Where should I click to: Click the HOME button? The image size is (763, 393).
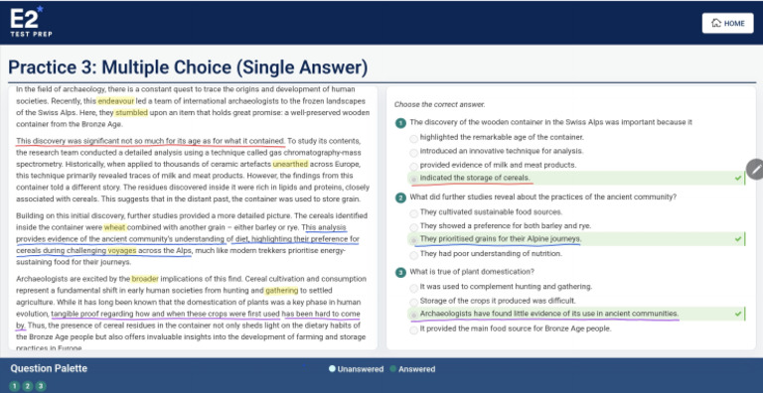pyautogui.click(x=726, y=23)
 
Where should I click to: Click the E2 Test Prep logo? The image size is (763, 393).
pyautogui.click(x=28, y=20)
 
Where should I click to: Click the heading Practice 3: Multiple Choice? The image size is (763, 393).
pyautogui.click(x=188, y=67)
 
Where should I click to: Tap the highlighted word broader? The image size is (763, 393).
pyautogui.click(x=145, y=279)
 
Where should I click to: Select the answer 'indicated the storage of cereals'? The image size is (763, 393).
pyautogui.click(x=475, y=179)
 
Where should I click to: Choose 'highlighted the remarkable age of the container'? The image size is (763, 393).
pyautogui.click(x=502, y=137)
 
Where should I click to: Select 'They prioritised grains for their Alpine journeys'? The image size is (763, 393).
pyautogui.click(x=500, y=239)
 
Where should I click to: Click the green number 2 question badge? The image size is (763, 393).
pyautogui.click(x=400, y=197)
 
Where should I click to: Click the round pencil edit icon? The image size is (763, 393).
pyautogui.click(x=756, y=169)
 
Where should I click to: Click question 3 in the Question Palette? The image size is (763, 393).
pyautogui.click(x=41, y=385)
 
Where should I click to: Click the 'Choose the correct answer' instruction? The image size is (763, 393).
pyautogui.click(x=439, y=104)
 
